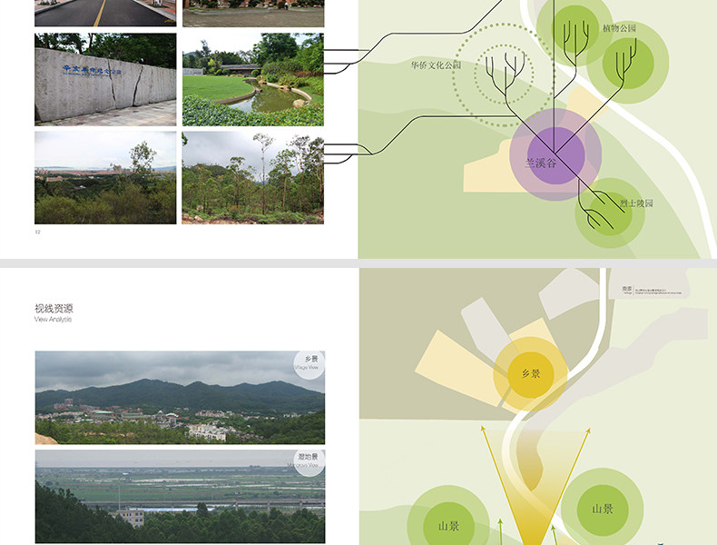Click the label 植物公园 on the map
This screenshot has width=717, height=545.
point(619,29)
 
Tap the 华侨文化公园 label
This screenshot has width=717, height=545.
point(436,65)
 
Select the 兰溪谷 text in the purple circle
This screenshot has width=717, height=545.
point(541,163)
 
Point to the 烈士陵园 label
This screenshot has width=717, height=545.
point(636,203)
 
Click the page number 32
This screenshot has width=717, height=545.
point(38,232)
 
